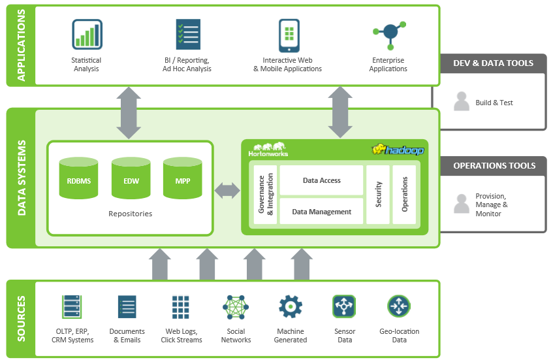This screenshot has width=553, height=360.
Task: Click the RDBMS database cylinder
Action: pyautogui.click(x=78, y=178)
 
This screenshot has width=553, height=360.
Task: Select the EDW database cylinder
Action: pyautogui.click(x=131, y=178)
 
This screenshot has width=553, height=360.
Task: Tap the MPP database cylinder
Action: pyautogui.click(x=182, y=178)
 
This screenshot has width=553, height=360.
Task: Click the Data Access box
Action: pyautogui.click(x=321, y=180)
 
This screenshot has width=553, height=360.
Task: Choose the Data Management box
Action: pyautogui.click(x=321, y=212)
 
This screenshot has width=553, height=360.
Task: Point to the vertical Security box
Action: pyautogui.click(x=378, y=195)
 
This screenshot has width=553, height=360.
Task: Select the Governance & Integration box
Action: pyautogui.click(x=265, y=195)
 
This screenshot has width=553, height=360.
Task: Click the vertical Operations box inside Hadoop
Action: pyautogui.click(x=404, y=195)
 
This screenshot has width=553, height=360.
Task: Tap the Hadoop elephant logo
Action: pyautogui.click(x=398, y=150)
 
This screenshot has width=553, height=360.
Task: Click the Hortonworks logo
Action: pyautogui.click(x=268, y=149)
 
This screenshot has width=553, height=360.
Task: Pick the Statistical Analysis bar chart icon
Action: pyautogui.click(x=86, y=35)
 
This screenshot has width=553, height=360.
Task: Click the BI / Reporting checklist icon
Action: pyautogui.click(x=187, y=35)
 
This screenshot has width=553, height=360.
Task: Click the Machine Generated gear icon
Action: pyautogui.click(x=291, y=306)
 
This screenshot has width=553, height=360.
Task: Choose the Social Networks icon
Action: pyautogui.click(x=236, y=307)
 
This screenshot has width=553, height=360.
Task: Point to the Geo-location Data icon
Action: pyautogui.click(x=399, y=306)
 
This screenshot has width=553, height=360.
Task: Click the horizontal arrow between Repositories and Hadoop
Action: pyautogui.click(x=227, y=191)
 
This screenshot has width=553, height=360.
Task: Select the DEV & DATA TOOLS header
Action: pyautogui.click(x=493, y=63)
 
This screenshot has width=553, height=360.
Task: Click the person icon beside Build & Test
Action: pyautogui.click(x=462, y=102)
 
